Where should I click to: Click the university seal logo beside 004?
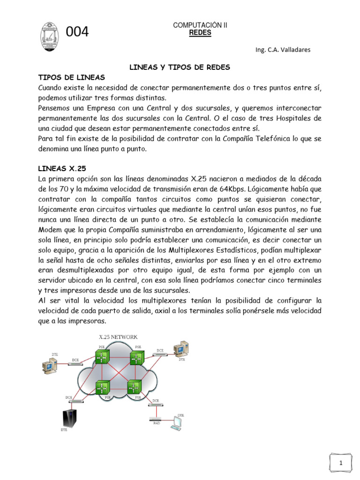tap(49, 32)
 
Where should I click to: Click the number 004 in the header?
tap(78, 32)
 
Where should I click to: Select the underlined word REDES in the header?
tap(200, 33)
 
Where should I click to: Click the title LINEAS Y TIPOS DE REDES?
tap(180, 67)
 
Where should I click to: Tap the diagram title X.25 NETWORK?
tap(118, 337)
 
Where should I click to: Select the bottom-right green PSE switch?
tap(134, 388)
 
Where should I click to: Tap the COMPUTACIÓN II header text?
tap(200, 25)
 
